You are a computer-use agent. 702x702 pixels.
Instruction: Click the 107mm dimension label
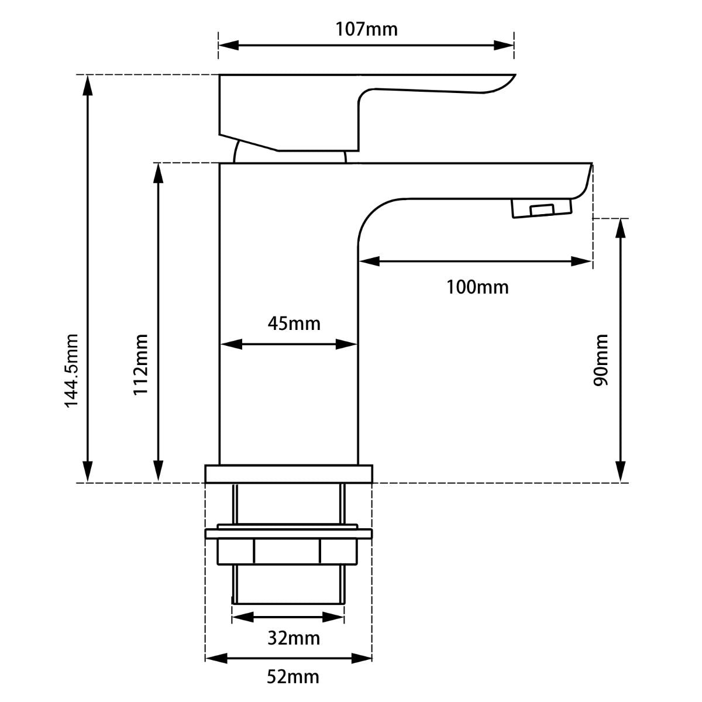coord(366,29)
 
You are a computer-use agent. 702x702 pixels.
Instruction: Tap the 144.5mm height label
coord(71,370)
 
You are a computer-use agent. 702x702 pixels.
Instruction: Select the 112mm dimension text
coord(140,364)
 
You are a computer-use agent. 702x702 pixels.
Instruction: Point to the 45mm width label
coord(294,323)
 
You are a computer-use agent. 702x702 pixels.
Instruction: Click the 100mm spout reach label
coord(477,287)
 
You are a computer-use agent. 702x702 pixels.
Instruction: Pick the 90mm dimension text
coord(601,360)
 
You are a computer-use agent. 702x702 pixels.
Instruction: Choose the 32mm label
coord(294,637)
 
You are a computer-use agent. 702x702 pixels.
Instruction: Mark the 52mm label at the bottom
coord(293,677)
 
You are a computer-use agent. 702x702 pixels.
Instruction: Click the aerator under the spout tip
coord(541,208)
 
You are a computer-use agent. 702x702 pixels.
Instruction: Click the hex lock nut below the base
coord(287,552)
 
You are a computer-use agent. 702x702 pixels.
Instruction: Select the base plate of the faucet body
coord(289,473)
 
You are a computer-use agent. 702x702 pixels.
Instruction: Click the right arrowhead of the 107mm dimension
coord(504,45)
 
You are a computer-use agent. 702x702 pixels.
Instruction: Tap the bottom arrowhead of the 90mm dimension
coord(621,472)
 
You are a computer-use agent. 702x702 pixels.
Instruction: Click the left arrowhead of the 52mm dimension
coord(216,659)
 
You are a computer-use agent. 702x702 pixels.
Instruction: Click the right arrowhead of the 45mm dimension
coord(346,344)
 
